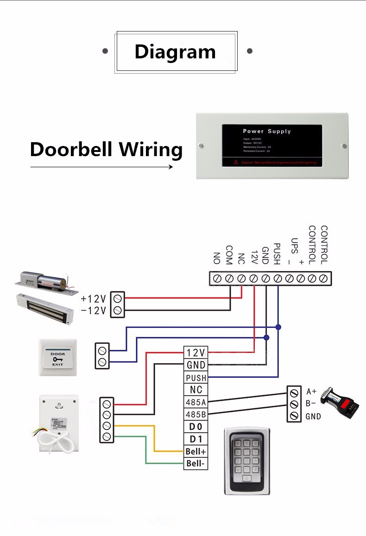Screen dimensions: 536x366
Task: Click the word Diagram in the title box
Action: (175, 51)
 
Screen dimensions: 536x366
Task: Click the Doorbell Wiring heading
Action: (106, 150)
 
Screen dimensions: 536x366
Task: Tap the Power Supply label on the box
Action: (267, 131)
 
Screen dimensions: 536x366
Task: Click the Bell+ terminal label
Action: (196, 451)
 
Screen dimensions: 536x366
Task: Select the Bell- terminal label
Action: (196, 463)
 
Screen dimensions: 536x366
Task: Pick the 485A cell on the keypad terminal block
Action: (196, 402)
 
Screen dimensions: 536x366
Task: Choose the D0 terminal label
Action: (196, 427)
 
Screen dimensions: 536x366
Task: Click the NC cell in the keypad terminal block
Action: (196, 390)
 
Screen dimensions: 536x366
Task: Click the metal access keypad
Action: (247, 460)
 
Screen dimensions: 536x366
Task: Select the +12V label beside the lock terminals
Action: (94, 298)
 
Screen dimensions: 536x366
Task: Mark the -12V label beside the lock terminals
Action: (94, 310)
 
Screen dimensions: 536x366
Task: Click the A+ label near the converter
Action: (311, 392)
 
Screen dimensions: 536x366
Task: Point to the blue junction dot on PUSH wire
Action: (278, 327)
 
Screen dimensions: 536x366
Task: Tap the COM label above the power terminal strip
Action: (229, 255)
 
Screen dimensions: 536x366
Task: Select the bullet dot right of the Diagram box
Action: (250, 51)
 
